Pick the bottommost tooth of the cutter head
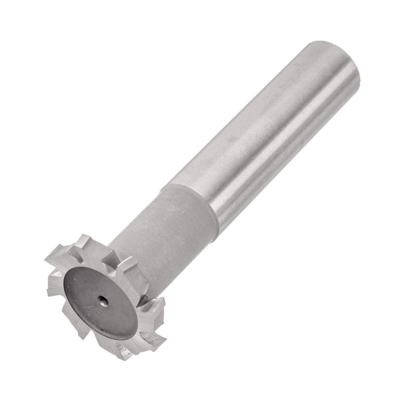[x=124, y=352]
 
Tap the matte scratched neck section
[x=167, y=237]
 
